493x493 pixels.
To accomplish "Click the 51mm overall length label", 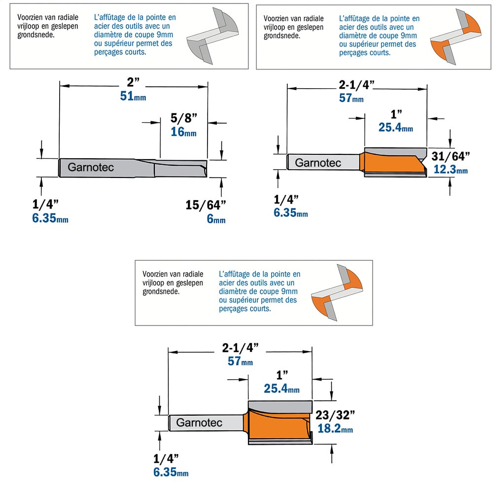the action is coord(133,96).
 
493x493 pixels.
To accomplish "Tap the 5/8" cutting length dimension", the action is coord(184,118).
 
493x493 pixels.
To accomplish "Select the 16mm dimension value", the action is coord(183,132).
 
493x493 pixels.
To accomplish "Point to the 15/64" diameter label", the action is coord(206,205).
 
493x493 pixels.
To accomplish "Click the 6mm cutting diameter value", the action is coord(216,218).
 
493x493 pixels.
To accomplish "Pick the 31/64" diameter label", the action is coord(451,156).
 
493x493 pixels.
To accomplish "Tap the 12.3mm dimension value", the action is coord(451,170).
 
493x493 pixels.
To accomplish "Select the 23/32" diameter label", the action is coord(335,415).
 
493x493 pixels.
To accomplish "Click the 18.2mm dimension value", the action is coord(335,428).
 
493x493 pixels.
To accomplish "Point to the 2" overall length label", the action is coord(133,82).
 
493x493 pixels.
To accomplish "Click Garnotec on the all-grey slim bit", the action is coord(91,167).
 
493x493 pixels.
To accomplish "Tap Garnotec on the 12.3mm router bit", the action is coord(318,163).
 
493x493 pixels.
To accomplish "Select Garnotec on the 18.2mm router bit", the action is coord(199,423).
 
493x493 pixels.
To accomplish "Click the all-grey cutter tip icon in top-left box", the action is coord(212,35).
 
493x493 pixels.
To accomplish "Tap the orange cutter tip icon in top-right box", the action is coord(456,37).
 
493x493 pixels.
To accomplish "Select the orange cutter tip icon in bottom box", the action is coord(337,292).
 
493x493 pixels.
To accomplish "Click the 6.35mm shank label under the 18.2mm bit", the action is coord(171,472).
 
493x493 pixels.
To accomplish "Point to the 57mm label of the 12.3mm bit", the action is coord(351,98).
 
